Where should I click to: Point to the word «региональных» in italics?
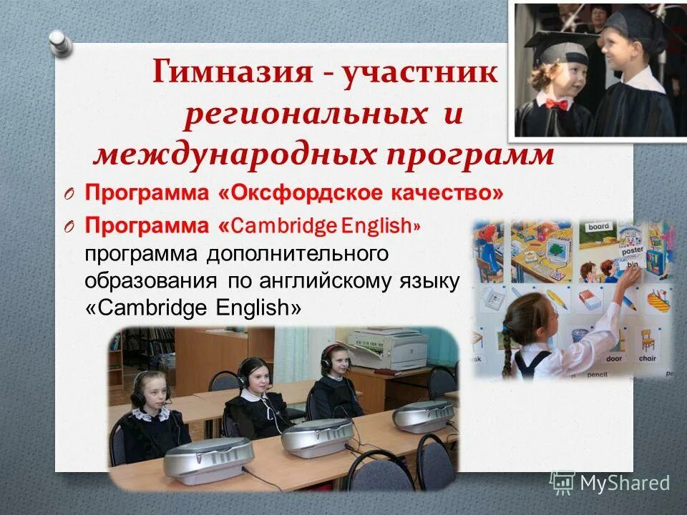click(300, 114)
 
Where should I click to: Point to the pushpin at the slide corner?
click(62, 43)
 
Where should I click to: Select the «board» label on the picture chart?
click(598, 227)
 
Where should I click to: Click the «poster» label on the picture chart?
click(633, 251)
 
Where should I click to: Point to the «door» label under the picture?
click(614, 358)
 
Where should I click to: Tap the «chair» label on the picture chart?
click(647, 358)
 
